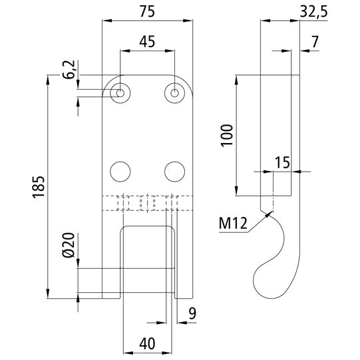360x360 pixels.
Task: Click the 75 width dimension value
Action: coord(148,11)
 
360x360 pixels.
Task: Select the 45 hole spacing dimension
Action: coord(147,41)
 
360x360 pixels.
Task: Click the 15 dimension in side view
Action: coord(281,161)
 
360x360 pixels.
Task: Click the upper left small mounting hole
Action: coord(120,92)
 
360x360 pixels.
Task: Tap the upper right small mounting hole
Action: coord(174,92)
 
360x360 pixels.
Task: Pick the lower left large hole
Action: coord(120,171)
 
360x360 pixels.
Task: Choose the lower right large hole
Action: coord(174,171)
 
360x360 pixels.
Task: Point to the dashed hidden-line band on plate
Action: coord(148,202)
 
